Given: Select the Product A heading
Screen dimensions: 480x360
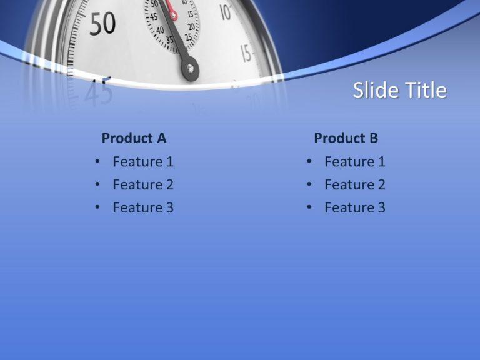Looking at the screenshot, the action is tap(134, 138).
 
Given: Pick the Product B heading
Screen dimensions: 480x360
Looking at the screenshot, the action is tap(346, 138).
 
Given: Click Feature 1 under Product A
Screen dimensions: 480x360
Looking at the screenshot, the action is tap(143, 162).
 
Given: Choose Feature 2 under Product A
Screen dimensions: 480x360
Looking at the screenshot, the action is tap(143, 184).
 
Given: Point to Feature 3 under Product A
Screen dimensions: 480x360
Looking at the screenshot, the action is tap(143, 207).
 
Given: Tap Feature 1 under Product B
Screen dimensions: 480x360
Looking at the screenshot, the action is tap(355, 162).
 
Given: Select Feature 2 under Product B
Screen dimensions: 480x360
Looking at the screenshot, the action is tap(355, 184).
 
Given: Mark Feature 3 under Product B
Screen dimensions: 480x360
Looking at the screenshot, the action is tap(355, 207).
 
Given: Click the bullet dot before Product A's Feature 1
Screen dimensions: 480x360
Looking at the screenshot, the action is tap(97, 161).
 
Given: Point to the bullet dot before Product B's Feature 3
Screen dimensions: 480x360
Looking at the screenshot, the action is tap(309, 207).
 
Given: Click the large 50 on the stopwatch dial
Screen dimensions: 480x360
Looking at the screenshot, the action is tap(103, 24).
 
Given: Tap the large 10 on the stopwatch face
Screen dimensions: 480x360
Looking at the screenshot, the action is tap(226, 12).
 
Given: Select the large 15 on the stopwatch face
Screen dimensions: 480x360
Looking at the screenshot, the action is tap(246, 53).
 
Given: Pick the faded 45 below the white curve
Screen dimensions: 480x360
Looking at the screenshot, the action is tap(99, 92).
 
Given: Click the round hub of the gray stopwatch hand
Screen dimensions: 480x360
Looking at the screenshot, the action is tap(191, 69).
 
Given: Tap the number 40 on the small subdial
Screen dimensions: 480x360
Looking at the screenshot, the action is tap(160, 30).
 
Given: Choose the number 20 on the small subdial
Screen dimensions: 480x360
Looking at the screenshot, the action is tap(192, 27).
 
